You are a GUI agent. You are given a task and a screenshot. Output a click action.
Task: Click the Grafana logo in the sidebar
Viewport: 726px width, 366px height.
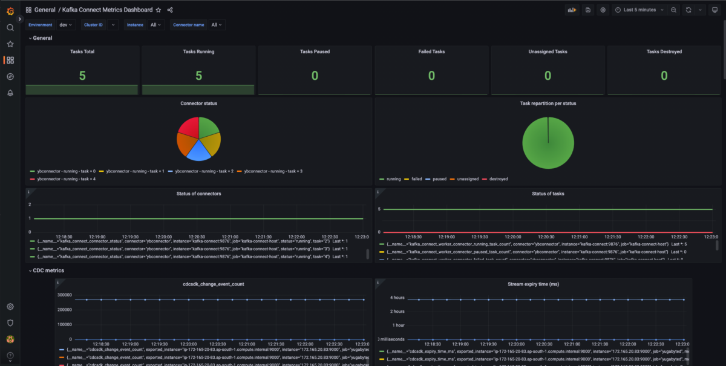[10, 10]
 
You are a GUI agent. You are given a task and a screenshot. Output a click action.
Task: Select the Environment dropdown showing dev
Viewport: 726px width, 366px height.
[65, 25]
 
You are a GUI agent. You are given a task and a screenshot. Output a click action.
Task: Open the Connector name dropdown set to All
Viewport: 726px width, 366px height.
[216, 25]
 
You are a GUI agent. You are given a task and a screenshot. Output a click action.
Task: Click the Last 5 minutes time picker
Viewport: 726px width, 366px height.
[639, 10]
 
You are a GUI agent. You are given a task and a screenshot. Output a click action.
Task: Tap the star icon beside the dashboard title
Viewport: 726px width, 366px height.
[159, 10]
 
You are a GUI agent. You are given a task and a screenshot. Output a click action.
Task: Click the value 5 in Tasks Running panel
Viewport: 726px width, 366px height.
[198, 76]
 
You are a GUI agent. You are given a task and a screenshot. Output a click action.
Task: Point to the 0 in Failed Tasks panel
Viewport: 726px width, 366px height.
[431, 76]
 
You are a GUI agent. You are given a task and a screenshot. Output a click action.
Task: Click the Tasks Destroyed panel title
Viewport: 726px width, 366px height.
[664, 52]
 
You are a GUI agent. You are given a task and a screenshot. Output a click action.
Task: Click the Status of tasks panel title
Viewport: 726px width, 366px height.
[548, 193]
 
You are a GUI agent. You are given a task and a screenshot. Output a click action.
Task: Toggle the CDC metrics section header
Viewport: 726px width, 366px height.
[48, 270]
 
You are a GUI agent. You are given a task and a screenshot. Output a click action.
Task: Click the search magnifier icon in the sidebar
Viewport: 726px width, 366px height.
[10, 27]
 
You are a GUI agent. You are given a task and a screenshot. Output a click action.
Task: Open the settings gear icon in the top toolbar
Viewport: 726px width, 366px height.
[603, 10]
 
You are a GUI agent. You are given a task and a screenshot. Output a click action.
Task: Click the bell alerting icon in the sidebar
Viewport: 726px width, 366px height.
[10, 93]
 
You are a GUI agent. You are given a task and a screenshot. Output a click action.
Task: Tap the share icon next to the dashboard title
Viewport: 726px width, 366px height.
[170, 10]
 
